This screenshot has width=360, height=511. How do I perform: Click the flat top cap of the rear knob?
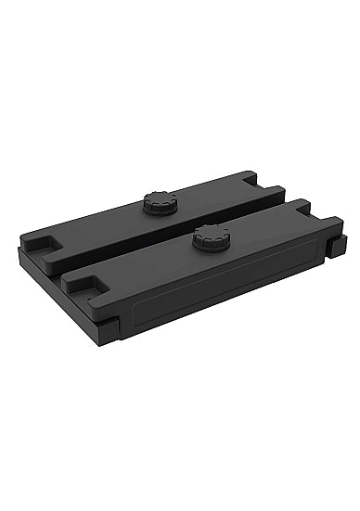[x=160, y=198]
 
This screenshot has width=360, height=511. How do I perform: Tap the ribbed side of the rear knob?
[x=160, y=209]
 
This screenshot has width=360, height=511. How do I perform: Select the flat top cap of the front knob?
[x=211, y=232]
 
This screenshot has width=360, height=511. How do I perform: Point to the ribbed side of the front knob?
[x=211, y=244]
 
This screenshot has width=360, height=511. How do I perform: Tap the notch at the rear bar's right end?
[x=270, y=187]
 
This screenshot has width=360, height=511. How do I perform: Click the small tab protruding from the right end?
[x=338, y=246]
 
